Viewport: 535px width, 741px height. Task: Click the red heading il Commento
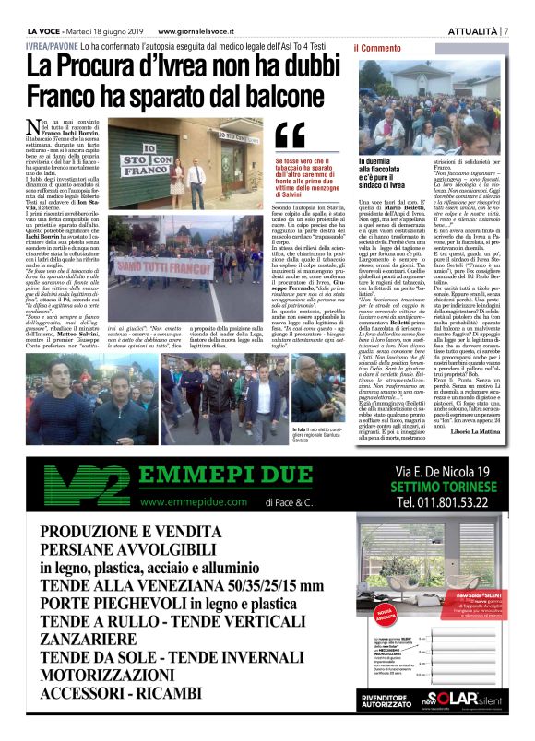(x=377, y=47)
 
